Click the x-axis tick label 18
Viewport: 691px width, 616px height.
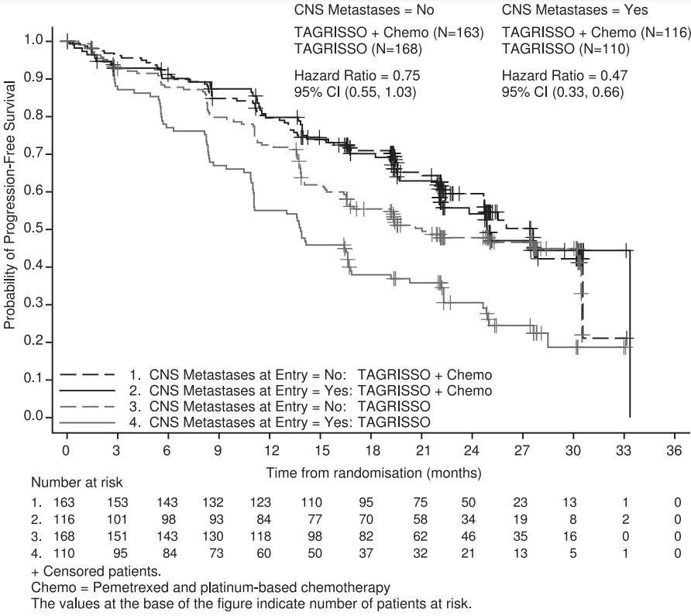click(x=373, y=451)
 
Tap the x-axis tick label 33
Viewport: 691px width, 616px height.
click(x=624, y=451)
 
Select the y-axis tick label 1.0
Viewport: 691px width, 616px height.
click(x=33, y=40)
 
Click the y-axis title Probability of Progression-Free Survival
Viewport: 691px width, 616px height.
click(x=9, y=205)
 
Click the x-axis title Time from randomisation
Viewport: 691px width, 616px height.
click(x=344, y=473)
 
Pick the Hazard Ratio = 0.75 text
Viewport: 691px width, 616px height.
click(x=357, y=75)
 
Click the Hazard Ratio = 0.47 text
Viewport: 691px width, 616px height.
click(x=565, y=75)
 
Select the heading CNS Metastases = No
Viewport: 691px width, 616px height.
click(x=364, y=10)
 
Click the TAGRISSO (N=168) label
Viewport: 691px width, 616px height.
click(x=358, y=49)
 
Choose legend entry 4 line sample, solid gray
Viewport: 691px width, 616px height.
click(x=88, y=422)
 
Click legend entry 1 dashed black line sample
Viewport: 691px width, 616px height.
click(x=88, y=375)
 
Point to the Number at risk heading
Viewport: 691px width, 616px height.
click(x=77, y=483)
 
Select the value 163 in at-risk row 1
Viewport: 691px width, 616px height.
click(x=64, y=502)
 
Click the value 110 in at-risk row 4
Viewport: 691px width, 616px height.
click(x=64, y=553)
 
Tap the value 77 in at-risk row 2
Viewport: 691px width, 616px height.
click(x=315, y=519)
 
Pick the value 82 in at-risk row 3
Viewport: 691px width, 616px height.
click(x=366, y=536)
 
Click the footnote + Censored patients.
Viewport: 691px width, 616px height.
click(x=96, y=572)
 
